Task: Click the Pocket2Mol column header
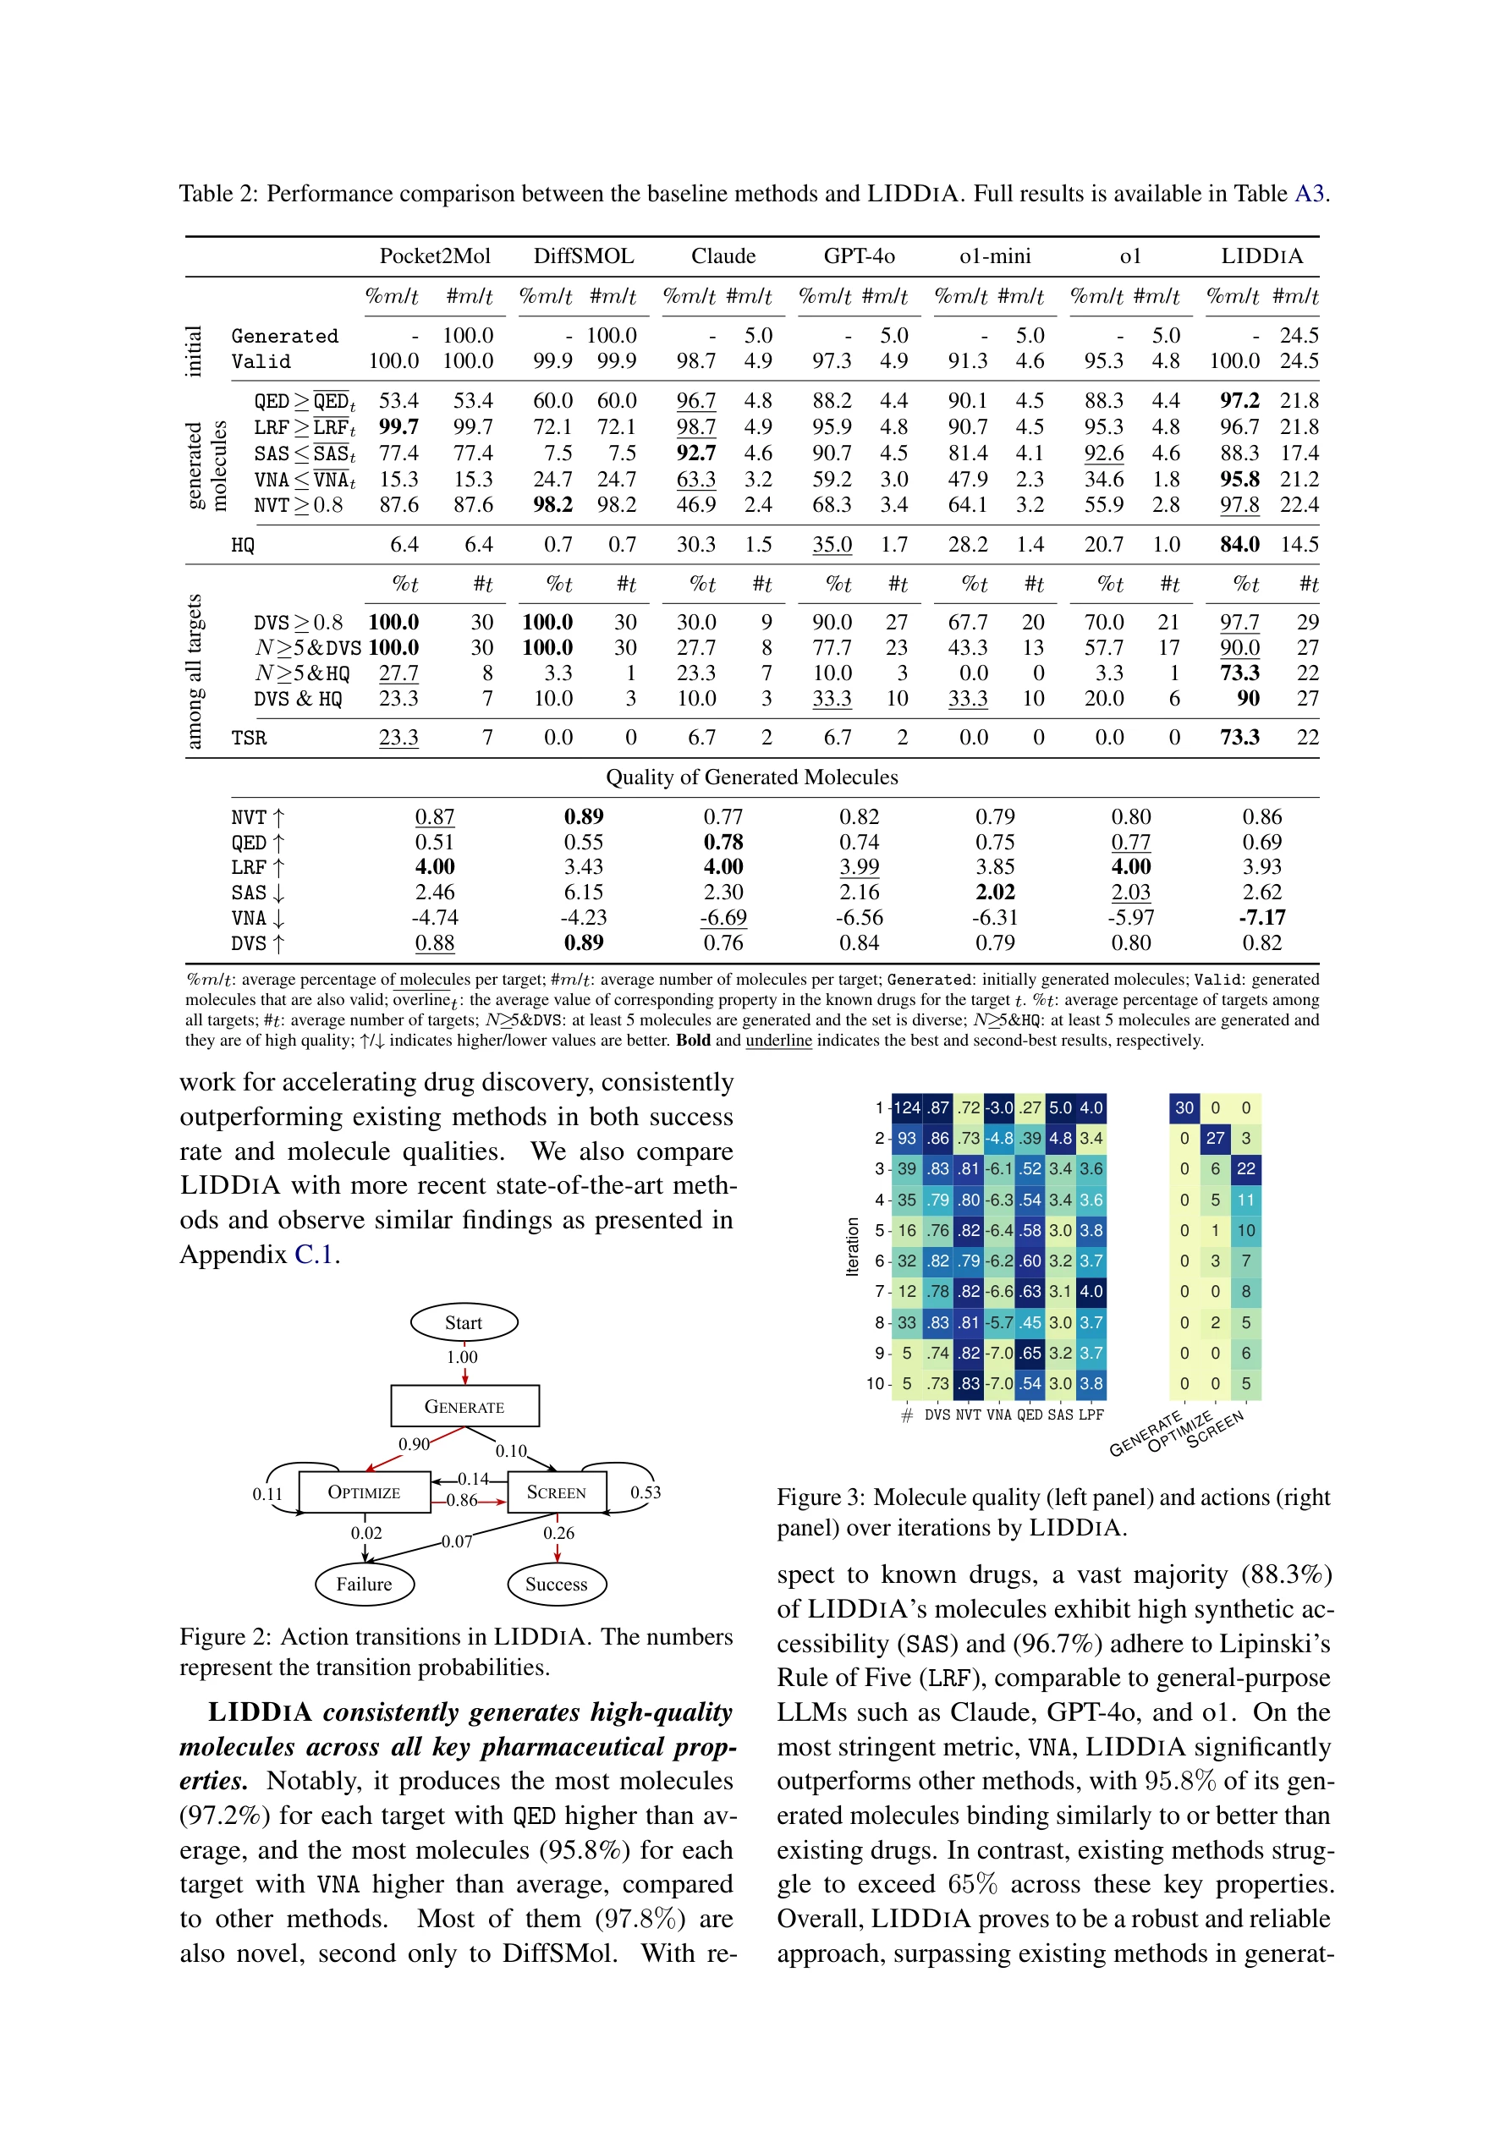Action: coord(434,256)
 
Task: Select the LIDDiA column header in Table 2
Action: coord(1261,256)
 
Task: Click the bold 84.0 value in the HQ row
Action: coord(1239,545)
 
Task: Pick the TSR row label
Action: coord(249,738)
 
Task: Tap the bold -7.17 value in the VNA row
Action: coord(1261,918)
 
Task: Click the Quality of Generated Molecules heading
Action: coord(751,777)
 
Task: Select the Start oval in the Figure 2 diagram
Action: coord(464,1322)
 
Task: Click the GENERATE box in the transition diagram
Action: coord(464,1406)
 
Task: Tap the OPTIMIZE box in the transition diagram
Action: coord(364,1492)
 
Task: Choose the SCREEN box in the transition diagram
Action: coord(557,1492)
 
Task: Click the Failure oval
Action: coord(364,1584)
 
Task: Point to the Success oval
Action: coord(557,1584)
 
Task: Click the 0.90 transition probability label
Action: coord(414,1444)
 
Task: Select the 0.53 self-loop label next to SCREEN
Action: coord(646,1492)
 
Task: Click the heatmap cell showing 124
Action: coord(907,1107)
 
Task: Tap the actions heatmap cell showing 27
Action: coord(1215,1139)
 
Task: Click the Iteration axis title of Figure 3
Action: coord(852,1246)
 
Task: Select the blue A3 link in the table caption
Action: coord(1309,194)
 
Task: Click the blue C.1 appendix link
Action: coord(314,1255)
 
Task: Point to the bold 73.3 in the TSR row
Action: coord(1239,738)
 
